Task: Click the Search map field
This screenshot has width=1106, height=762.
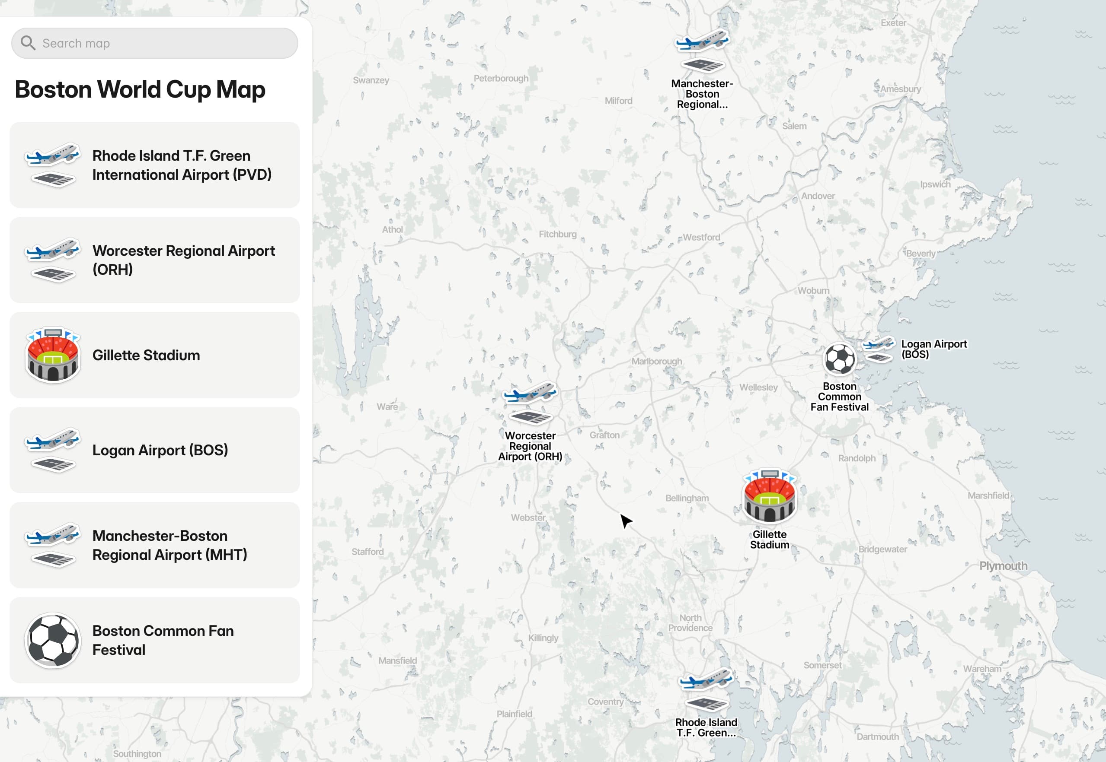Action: click(x=163, y=44)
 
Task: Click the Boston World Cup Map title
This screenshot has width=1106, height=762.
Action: click(x=140, y=90)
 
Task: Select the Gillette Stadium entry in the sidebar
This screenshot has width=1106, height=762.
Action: click(x=154, y=355)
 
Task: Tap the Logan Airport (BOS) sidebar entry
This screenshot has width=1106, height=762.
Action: click(x=154, y=450)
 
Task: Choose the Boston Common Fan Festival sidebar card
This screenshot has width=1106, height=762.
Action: click(x=154, y=640)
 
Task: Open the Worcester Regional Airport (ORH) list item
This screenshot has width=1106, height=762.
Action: click(x=154, y=260)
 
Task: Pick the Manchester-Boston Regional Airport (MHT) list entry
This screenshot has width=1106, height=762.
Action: click(x=154, y=545)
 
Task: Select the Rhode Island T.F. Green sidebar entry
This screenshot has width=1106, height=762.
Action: click(x=154, y=165)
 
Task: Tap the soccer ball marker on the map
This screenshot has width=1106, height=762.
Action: click(x=839, y=359)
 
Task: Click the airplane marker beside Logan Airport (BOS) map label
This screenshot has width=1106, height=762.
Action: click(x=879, y=349)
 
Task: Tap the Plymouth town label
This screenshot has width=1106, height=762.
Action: click(x=1003, y=566)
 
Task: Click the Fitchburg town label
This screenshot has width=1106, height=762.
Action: click(x=557, y=234)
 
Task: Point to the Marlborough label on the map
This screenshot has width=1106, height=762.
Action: click(x=656, y=362)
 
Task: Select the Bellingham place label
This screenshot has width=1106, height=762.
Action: click(x=687, y=498)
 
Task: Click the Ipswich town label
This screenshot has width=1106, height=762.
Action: click(x=935, y=184)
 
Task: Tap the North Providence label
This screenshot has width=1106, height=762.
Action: click(x=690, y=622)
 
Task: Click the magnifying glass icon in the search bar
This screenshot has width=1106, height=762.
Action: click(x=28, y=43)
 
